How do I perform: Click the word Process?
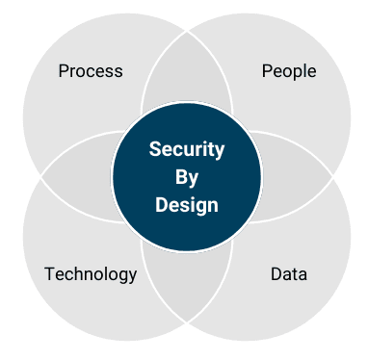coord(91,71)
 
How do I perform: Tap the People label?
coord(289,71)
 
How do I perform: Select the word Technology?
coord(91,274)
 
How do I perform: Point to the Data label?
coord(289,274)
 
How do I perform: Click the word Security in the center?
coord(187,149)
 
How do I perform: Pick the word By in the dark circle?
coord(186,177)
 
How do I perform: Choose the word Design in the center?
coord(186,205)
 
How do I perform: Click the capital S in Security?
coord(154,149)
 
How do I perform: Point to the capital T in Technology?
coord(48,274)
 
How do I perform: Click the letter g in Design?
coord(200,207)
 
